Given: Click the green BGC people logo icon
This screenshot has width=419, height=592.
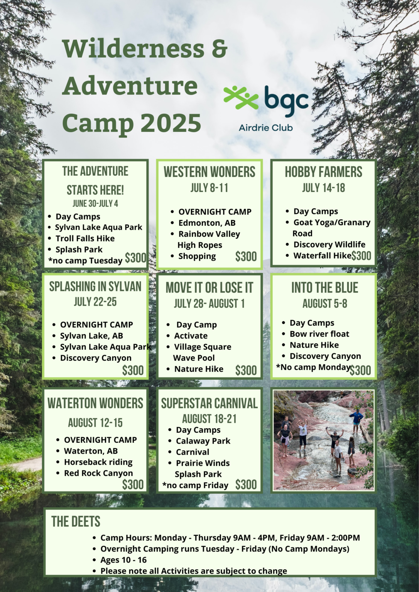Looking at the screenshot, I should point(241,97).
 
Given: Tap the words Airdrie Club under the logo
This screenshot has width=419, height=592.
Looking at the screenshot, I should point(265,128).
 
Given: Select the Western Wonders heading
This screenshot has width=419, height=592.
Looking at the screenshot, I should point(209,172).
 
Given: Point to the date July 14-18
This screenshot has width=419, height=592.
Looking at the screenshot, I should point(323,188).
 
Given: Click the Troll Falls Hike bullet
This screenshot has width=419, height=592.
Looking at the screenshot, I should point(85,239).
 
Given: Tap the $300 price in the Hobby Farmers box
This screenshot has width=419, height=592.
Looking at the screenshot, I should point(361,256).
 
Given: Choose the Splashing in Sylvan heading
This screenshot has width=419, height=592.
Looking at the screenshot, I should point(95,287).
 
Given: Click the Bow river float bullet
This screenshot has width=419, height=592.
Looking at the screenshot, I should point(319,334).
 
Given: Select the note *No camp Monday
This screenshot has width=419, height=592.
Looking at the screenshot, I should point(313,367).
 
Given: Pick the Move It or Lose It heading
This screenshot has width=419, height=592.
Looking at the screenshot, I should point(209,288).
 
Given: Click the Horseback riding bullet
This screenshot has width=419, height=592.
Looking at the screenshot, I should point(98,462).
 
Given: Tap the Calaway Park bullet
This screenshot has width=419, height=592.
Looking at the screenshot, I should point(203,441).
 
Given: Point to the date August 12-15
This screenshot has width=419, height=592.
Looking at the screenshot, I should point(95,423).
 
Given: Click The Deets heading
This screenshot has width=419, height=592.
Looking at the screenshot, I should point(76,521).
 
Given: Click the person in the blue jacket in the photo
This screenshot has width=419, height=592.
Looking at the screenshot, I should point(356,418).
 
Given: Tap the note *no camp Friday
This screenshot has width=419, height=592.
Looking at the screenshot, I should point(195,485).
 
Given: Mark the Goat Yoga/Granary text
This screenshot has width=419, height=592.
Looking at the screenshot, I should point(332,222).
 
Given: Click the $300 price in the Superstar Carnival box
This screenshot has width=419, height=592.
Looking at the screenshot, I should point(246,484).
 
